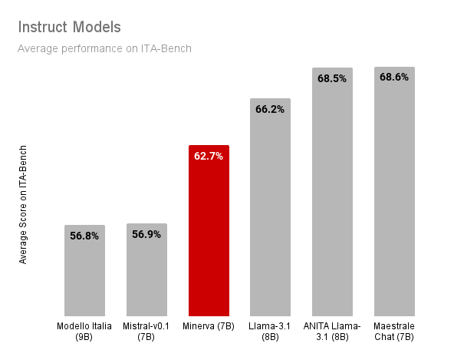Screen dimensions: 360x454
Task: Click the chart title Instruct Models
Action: click(69, 28)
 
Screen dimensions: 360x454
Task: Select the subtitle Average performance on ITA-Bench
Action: click(104, 48)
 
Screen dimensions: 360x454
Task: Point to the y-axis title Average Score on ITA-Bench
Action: click(23, 204)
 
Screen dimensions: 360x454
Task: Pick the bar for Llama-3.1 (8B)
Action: click(270, 215)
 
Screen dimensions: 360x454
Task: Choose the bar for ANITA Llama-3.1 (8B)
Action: click(332, 200)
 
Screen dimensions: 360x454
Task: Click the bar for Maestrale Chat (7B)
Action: click(394, 200)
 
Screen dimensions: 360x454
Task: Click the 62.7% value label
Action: click(209, 156)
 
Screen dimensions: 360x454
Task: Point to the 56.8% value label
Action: click(84, 236)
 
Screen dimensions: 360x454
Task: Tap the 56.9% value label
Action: click(146, 234)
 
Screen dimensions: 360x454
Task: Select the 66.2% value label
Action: click(270, 109)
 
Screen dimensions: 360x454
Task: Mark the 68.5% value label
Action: click(332, 78)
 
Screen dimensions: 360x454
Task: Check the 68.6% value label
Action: click(394, 77)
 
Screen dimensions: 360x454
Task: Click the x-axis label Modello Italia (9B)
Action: click(84, 332)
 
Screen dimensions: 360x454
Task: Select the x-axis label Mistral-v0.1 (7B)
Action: click(146, 332)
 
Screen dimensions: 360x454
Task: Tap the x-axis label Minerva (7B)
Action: click(209, 327)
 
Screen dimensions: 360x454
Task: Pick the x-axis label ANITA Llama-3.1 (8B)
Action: click(332, 332)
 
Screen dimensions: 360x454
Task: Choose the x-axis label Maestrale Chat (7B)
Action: click(394, 332)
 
